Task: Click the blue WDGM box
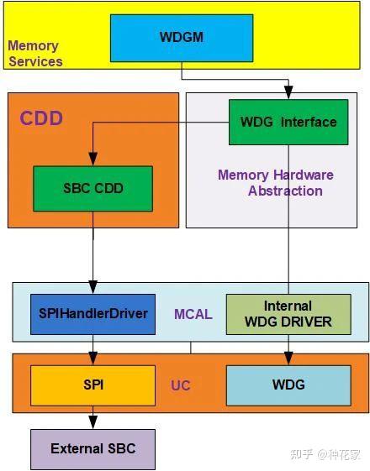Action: coord(181,38)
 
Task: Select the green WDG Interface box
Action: coord(288,123)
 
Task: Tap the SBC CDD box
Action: coord(92,188)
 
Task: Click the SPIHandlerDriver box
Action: coord(92,314)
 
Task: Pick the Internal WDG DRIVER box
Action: coord(288,314)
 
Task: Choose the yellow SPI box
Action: coord(92,385)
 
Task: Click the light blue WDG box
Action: coord(288,385)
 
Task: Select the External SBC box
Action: coord(92,448)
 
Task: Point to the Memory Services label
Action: coord(34,54)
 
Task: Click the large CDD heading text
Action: coord(42,118)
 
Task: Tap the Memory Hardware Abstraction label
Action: coord(276,183)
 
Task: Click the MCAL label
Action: coord(193,315)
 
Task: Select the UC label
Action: coord(181,385)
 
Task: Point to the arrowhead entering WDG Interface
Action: coord(288,95)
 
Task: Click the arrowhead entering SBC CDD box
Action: coord(92,160)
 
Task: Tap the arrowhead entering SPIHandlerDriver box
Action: coord(92,288)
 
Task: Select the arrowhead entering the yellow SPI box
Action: coord(92,359)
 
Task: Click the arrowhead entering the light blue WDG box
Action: coord(288,359)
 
